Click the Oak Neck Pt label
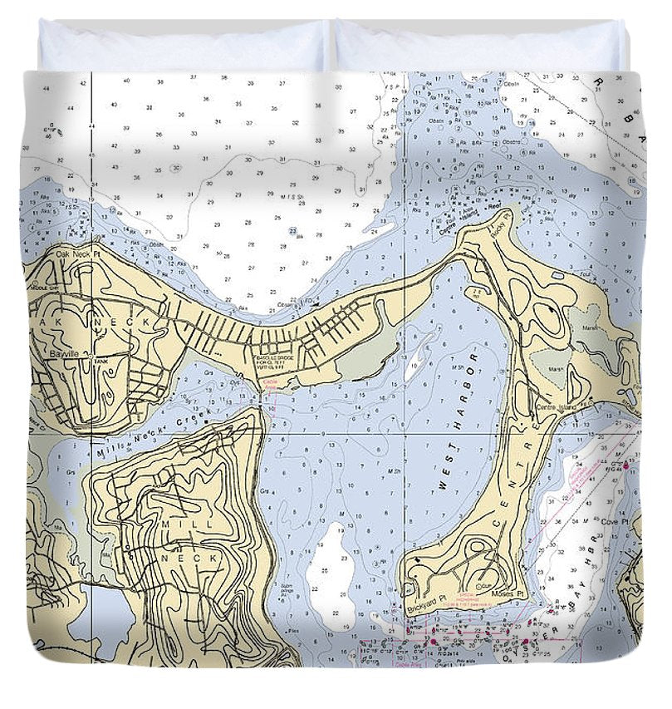77,253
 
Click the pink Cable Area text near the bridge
270,382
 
